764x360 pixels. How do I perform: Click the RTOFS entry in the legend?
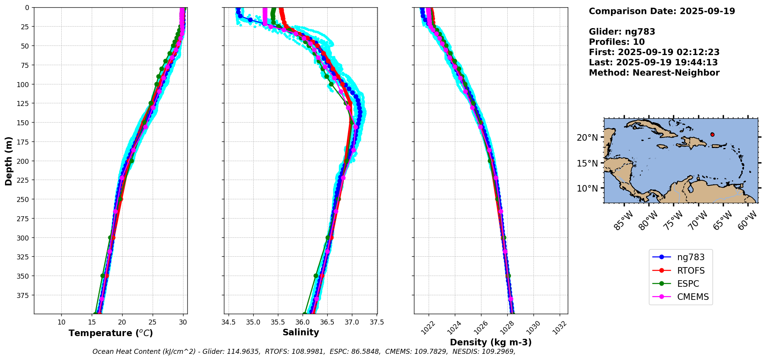tap(691, 271)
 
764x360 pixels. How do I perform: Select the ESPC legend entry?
tap(688, 284)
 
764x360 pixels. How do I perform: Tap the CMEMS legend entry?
tap(693, 297)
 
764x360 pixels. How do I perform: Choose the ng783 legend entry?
tap(691, 257)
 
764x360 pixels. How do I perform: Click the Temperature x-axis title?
tap(111, 333)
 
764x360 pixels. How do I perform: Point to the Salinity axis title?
tap(301, 332)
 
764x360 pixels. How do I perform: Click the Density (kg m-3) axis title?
tap(491, 342)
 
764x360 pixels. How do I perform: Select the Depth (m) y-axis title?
tap(9, 161)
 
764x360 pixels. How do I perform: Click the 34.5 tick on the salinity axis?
tap(229, 322)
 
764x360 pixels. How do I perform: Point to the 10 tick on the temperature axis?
tap(62, 322)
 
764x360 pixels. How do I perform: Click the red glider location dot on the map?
tap(712, 135)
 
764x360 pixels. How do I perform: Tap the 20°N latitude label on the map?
tap(587, 138)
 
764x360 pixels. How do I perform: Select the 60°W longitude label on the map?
tap(747, 221)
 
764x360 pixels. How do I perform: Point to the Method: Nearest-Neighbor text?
tap(654, 73)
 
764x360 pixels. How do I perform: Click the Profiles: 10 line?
tap(617, 42)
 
